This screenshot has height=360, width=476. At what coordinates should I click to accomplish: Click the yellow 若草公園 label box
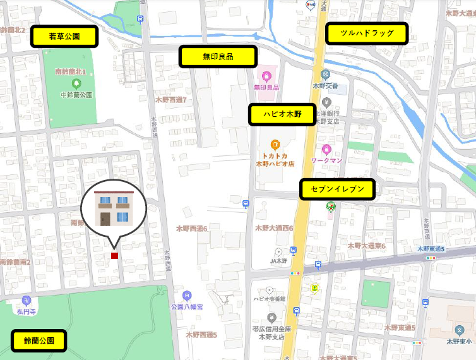pos(64,37)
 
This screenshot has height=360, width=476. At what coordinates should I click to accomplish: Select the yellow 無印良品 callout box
pos(218,56)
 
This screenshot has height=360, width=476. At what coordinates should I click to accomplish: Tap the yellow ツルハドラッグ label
pos(366,33)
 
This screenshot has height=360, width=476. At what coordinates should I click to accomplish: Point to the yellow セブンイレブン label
pos(338,189)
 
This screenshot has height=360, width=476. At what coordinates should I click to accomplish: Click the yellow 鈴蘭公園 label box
pos(39,341)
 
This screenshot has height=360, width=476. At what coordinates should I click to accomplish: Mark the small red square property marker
pos(114,256)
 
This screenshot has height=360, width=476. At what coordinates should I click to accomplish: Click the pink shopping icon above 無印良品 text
pos(266,76)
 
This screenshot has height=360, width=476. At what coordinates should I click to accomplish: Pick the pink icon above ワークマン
pos(326,150)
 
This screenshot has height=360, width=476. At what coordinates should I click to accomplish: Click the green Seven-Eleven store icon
pos(330,206)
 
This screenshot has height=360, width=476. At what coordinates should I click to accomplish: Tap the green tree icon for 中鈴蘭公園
pos(76,83)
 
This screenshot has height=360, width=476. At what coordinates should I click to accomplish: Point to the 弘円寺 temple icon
pos(26,300)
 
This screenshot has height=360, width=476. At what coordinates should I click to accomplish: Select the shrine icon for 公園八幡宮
pos(186,295)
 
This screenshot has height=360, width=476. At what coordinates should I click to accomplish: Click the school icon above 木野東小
pos(459,330)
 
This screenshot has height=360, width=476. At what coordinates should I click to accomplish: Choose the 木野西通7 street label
pos(170,100)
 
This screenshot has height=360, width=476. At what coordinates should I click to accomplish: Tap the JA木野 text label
pos(278,261)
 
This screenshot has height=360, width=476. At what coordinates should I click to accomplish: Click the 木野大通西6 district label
pos(274,228)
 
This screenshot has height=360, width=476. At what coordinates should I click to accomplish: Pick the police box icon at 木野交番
pos(325,75)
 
